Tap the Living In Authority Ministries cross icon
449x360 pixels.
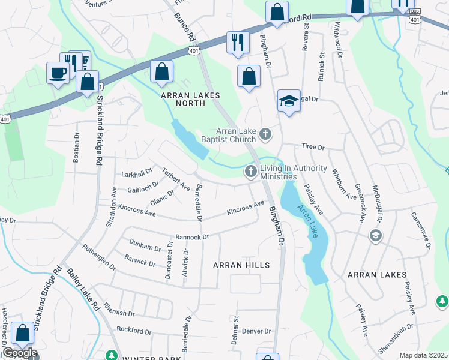(250, 172)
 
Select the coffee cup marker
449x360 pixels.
(58, 73)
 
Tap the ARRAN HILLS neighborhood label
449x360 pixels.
(242, 265)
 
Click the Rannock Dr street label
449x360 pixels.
(191, 237)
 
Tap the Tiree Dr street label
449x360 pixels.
(312, 147)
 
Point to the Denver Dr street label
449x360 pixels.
(257, 331)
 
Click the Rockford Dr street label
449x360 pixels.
(132, 329)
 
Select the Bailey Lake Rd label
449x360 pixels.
(86, 290)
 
